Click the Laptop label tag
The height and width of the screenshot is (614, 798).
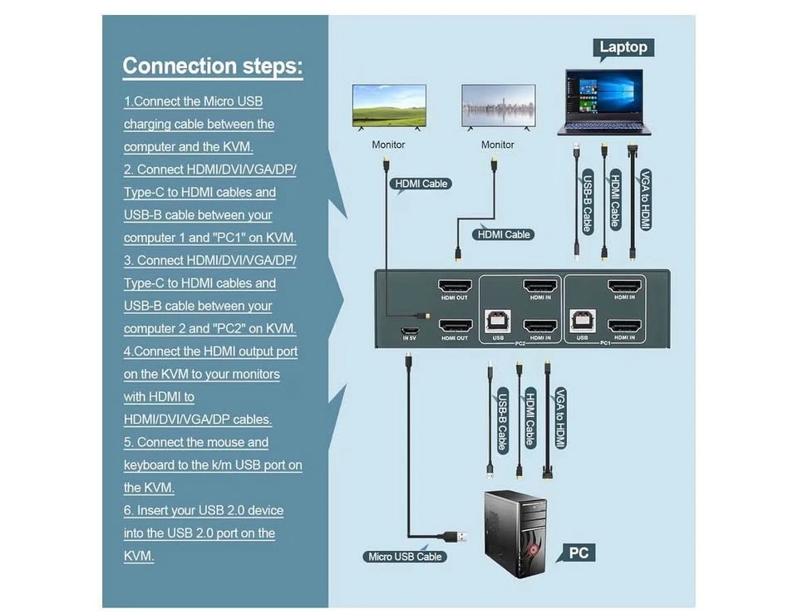(623, 47)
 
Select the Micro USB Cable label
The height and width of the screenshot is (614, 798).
(404, 556)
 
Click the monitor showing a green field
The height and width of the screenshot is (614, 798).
(389, 106)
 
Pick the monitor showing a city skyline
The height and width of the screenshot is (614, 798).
(499, 106)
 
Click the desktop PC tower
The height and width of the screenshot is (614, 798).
(515, 532)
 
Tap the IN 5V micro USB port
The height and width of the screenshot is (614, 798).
(408, 324)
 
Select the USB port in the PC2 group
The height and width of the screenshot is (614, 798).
(498, 323)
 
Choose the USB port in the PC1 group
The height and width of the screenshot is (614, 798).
(582, 323)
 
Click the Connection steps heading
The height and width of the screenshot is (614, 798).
(213, 66)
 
